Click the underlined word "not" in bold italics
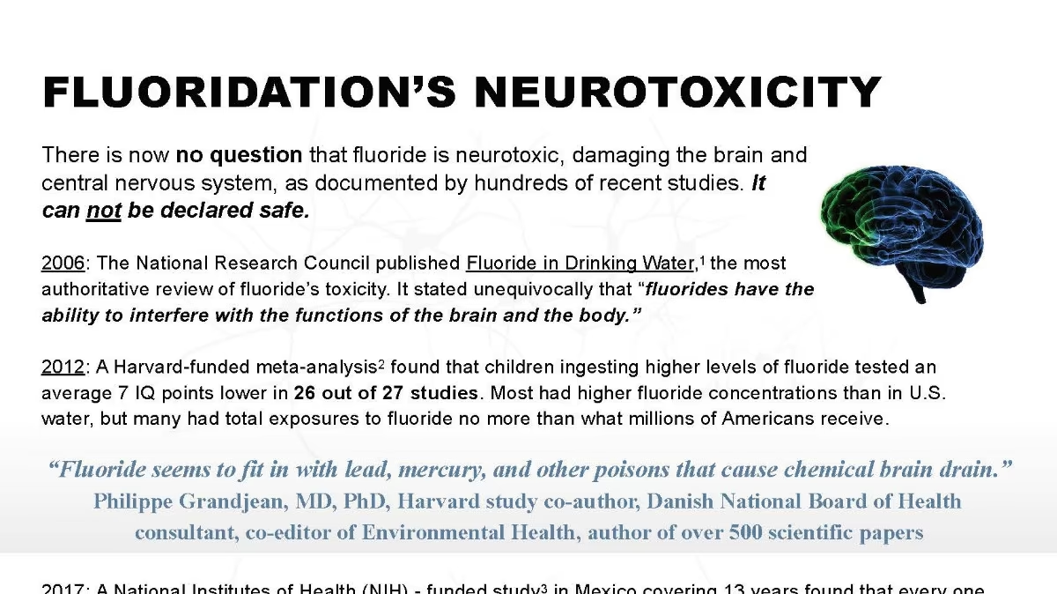point(103,212)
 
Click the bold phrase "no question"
point(239,156)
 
